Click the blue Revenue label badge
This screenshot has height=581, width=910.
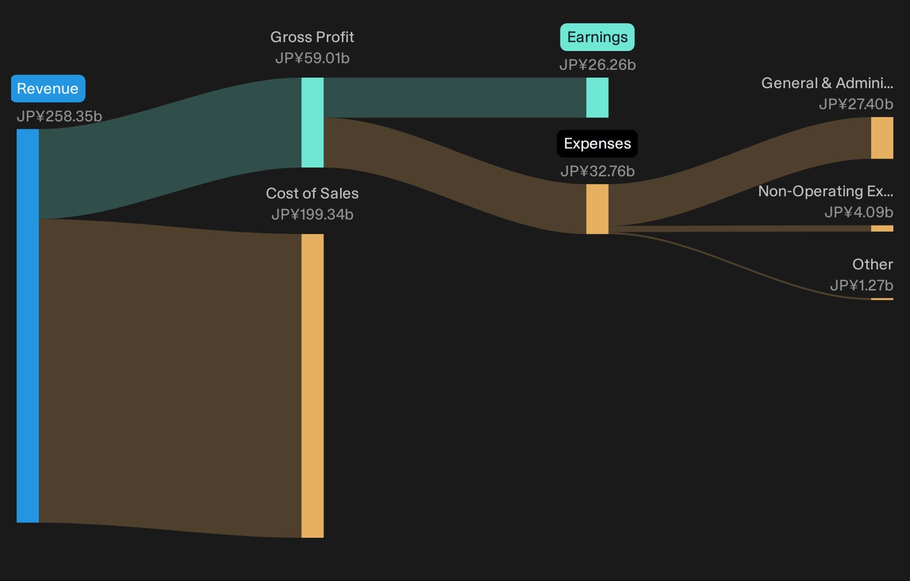(x=48, y=88)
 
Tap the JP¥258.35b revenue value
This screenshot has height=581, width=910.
(x=59, y=117)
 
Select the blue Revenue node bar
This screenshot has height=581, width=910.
(x=28, y=326)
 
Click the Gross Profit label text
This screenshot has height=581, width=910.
(x=312, y=37)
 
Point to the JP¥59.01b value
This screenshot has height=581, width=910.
(x=312, y=59)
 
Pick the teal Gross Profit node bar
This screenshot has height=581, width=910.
(x=312, y=123)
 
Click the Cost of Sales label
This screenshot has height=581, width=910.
(x=312, y=193)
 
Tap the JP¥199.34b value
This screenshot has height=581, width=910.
(x=312, y=214)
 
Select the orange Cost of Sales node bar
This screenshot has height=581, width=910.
(x=312, y=386)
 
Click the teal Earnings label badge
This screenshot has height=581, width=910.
(x=597, y=37)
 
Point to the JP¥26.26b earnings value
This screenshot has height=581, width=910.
(x=597, y=65)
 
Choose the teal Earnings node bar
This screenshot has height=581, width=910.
(x=597, y=97)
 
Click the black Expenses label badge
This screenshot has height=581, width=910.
(x=597, y=144)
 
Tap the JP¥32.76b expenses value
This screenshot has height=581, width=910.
(x=597, y=171)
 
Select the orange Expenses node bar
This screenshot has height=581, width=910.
(x=597, y=209)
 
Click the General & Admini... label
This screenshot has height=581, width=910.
(x=827, y=83)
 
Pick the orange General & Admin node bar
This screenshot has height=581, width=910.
(x=882, y=138)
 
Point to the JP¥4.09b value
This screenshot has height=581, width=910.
(x=859, y=212)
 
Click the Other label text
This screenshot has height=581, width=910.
(x=873, y=265)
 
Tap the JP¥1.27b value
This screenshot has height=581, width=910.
(x=862, y=285)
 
